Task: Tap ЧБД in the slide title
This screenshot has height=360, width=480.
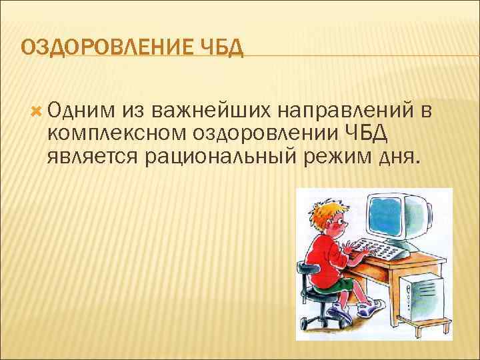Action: point(222,48)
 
